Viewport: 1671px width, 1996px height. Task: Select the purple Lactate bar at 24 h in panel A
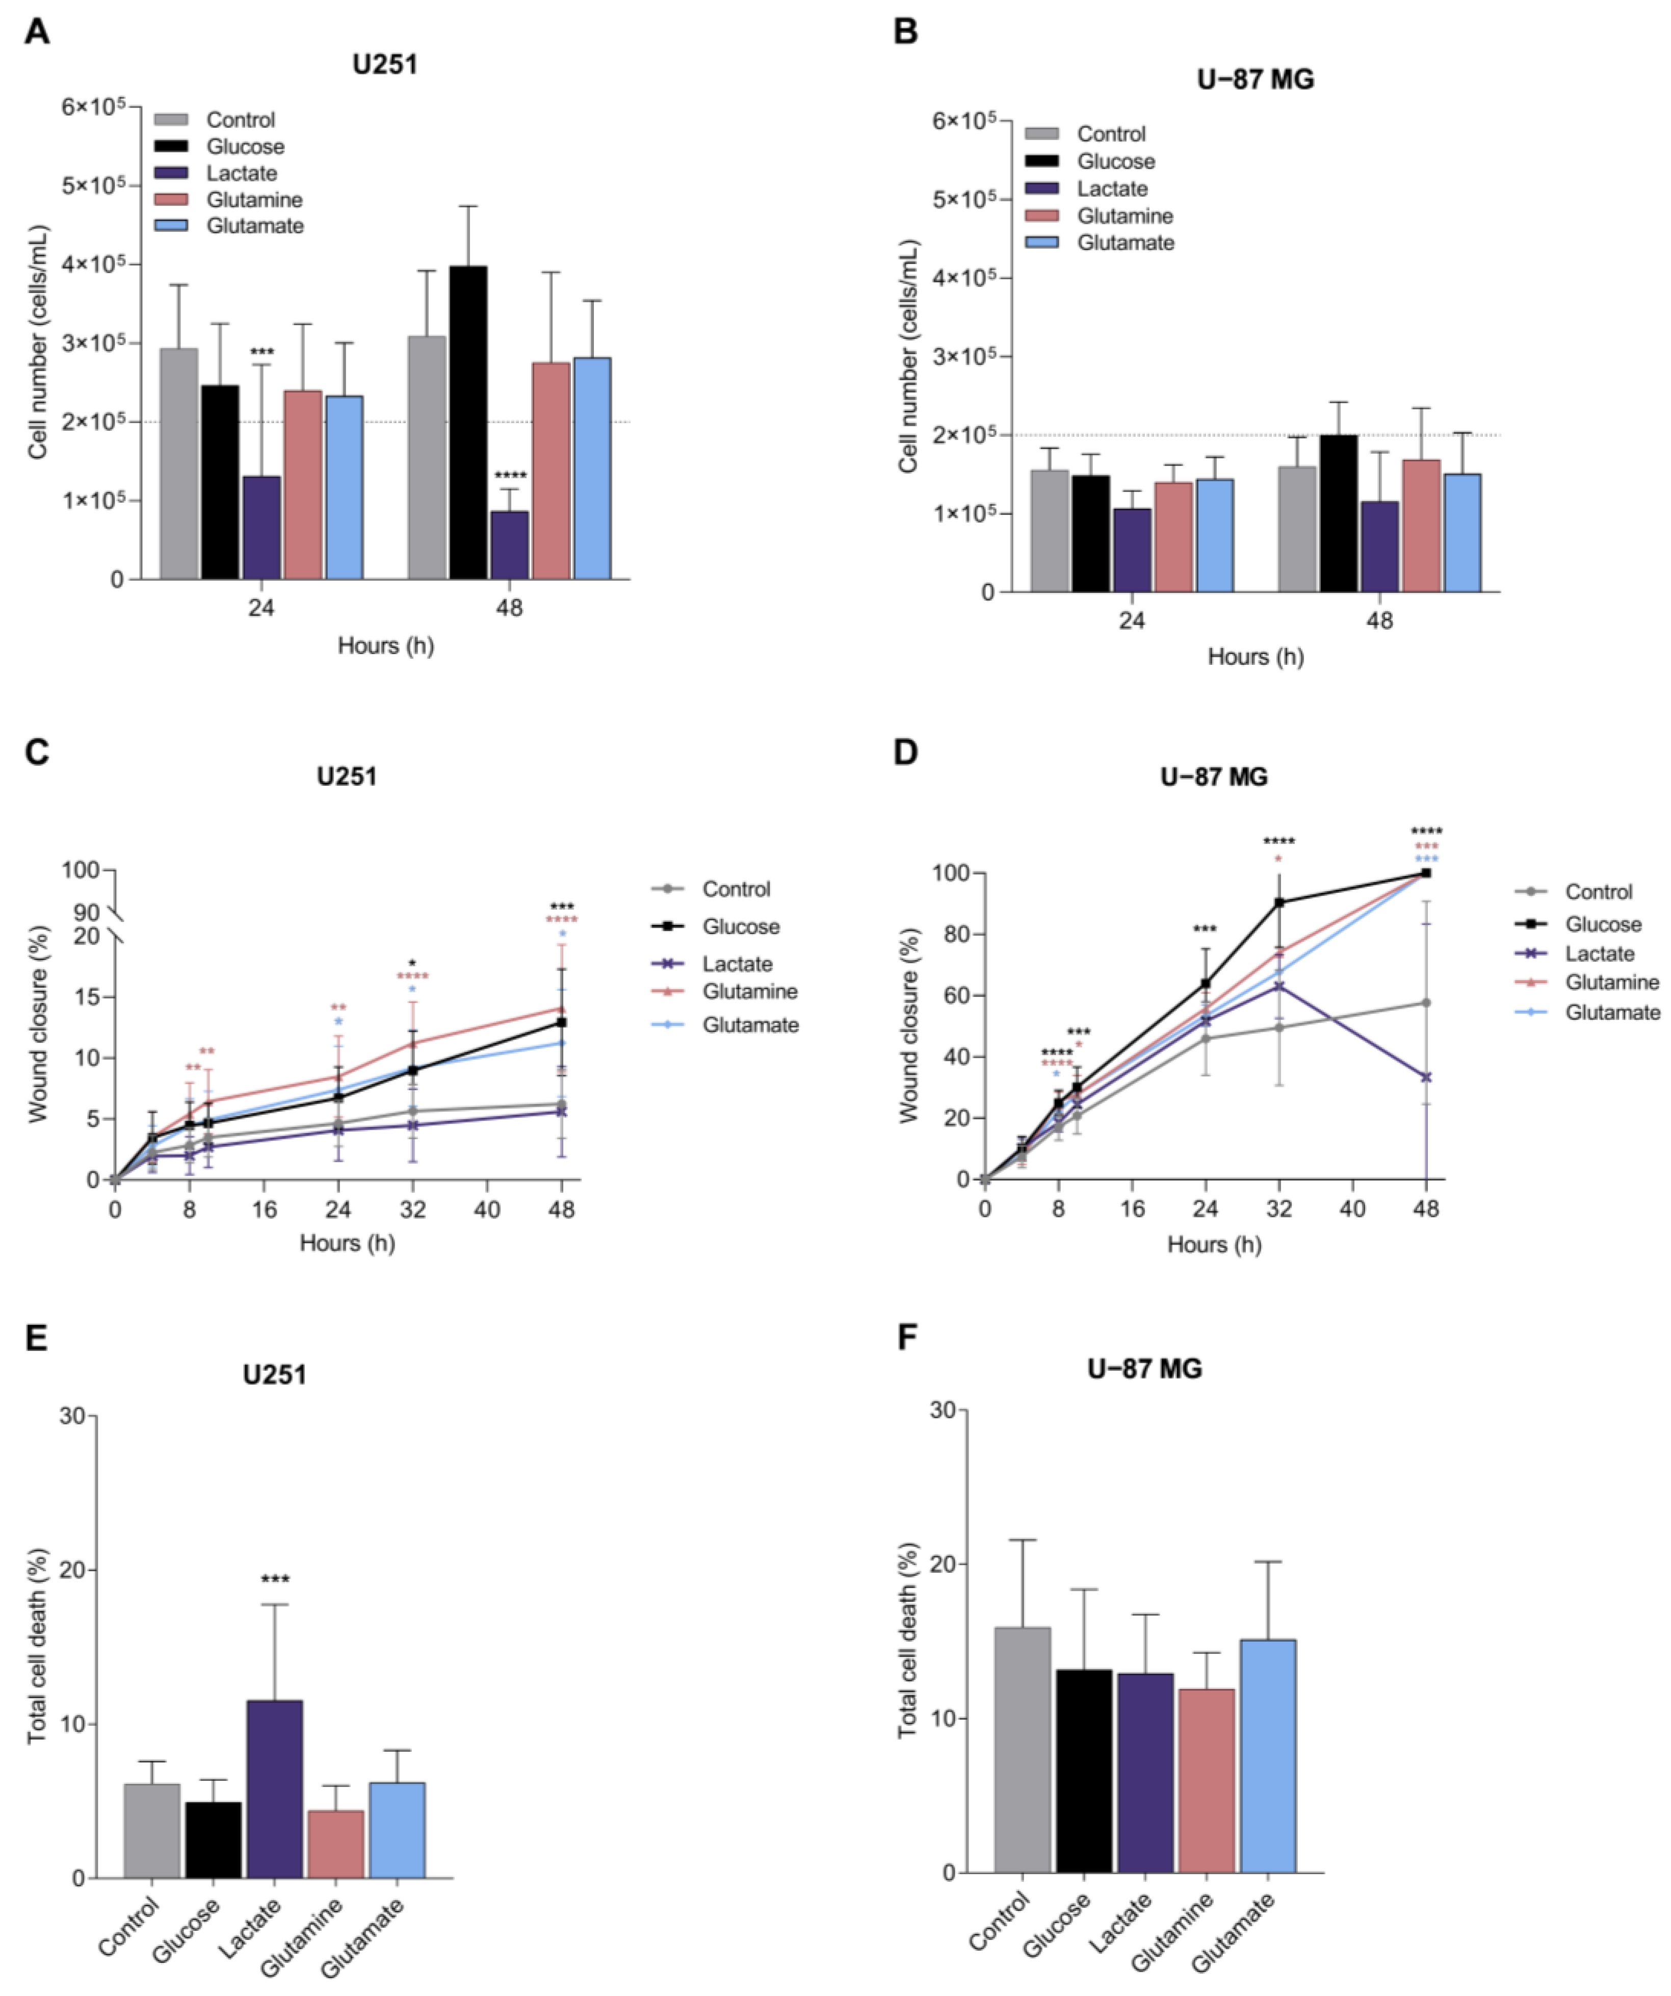coord(262,528)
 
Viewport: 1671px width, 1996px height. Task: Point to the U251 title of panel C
coord(347,776)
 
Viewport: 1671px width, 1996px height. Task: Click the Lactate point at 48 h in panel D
coord(1426,1077)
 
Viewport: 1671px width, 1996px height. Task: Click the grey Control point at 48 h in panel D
coord(1426,1003)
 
